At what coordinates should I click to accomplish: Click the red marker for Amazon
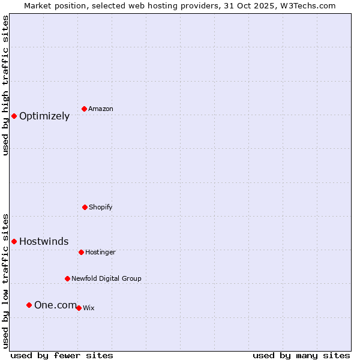(x=84, y=109)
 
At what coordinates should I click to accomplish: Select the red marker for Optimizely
(x=14, y=116)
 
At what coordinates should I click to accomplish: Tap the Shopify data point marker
(x=85, y=207)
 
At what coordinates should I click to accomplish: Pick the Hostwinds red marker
(x=14, y=241)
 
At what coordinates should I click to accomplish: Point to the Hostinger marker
(x=81, y=252)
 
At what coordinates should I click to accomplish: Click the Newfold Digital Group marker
(x=67, y=278)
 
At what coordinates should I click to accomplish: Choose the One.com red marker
(x=29, y=305)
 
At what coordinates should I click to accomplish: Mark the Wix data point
(x=79, y=308)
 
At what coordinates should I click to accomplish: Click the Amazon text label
(x=101, y=109)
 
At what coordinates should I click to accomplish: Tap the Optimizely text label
(x=44, y=116)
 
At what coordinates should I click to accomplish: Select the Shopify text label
(x=101, y=207)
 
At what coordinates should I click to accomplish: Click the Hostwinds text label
(x=44, y=242)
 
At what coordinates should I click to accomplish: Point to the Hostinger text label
(x=100, y=252)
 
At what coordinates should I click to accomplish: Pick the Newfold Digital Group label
(x=106, y=278)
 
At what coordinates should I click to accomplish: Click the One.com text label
(x=55, y=305)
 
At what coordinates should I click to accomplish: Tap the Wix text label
(x=89, y=308)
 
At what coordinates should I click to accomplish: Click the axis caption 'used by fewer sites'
(x=62, y=355)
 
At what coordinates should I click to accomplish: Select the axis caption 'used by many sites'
(x=301, y=355)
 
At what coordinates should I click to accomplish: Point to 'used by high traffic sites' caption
(x=5, y=85)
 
